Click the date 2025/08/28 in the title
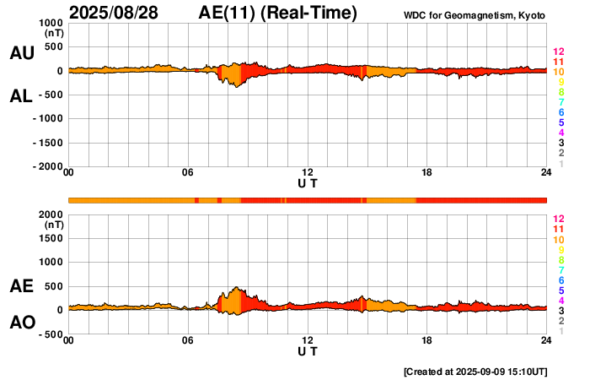(x=117, y=13)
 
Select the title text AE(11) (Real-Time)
(x=278, y=13)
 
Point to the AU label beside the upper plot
(x=22, y=53)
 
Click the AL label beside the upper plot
(x=22, y=96)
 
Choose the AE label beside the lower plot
(x=22, y=286)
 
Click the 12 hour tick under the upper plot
(x=308, y=173)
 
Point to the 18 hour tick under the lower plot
(x=427, y=340)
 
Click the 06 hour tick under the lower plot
(x=188, y=340)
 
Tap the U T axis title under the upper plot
(x=308, y=183)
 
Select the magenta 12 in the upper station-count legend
(x=558, y=52)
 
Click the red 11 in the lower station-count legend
(x=558, y=229)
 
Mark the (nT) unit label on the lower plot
(x=52, y=225)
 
